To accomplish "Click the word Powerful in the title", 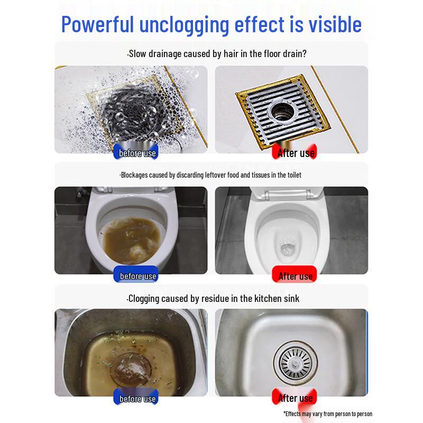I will click(x=98, y=24).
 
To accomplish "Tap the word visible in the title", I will click(x=332, y=24).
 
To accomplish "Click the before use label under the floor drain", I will click(x=137, y=153).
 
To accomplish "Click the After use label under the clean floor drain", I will click(x=296, y=153).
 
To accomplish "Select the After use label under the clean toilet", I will click(x=295, y=276).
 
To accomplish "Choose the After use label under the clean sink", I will click(x=295, y=398).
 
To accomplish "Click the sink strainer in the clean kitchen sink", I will click(x=293, y=364).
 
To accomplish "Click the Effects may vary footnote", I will click(x=327, y=413).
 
